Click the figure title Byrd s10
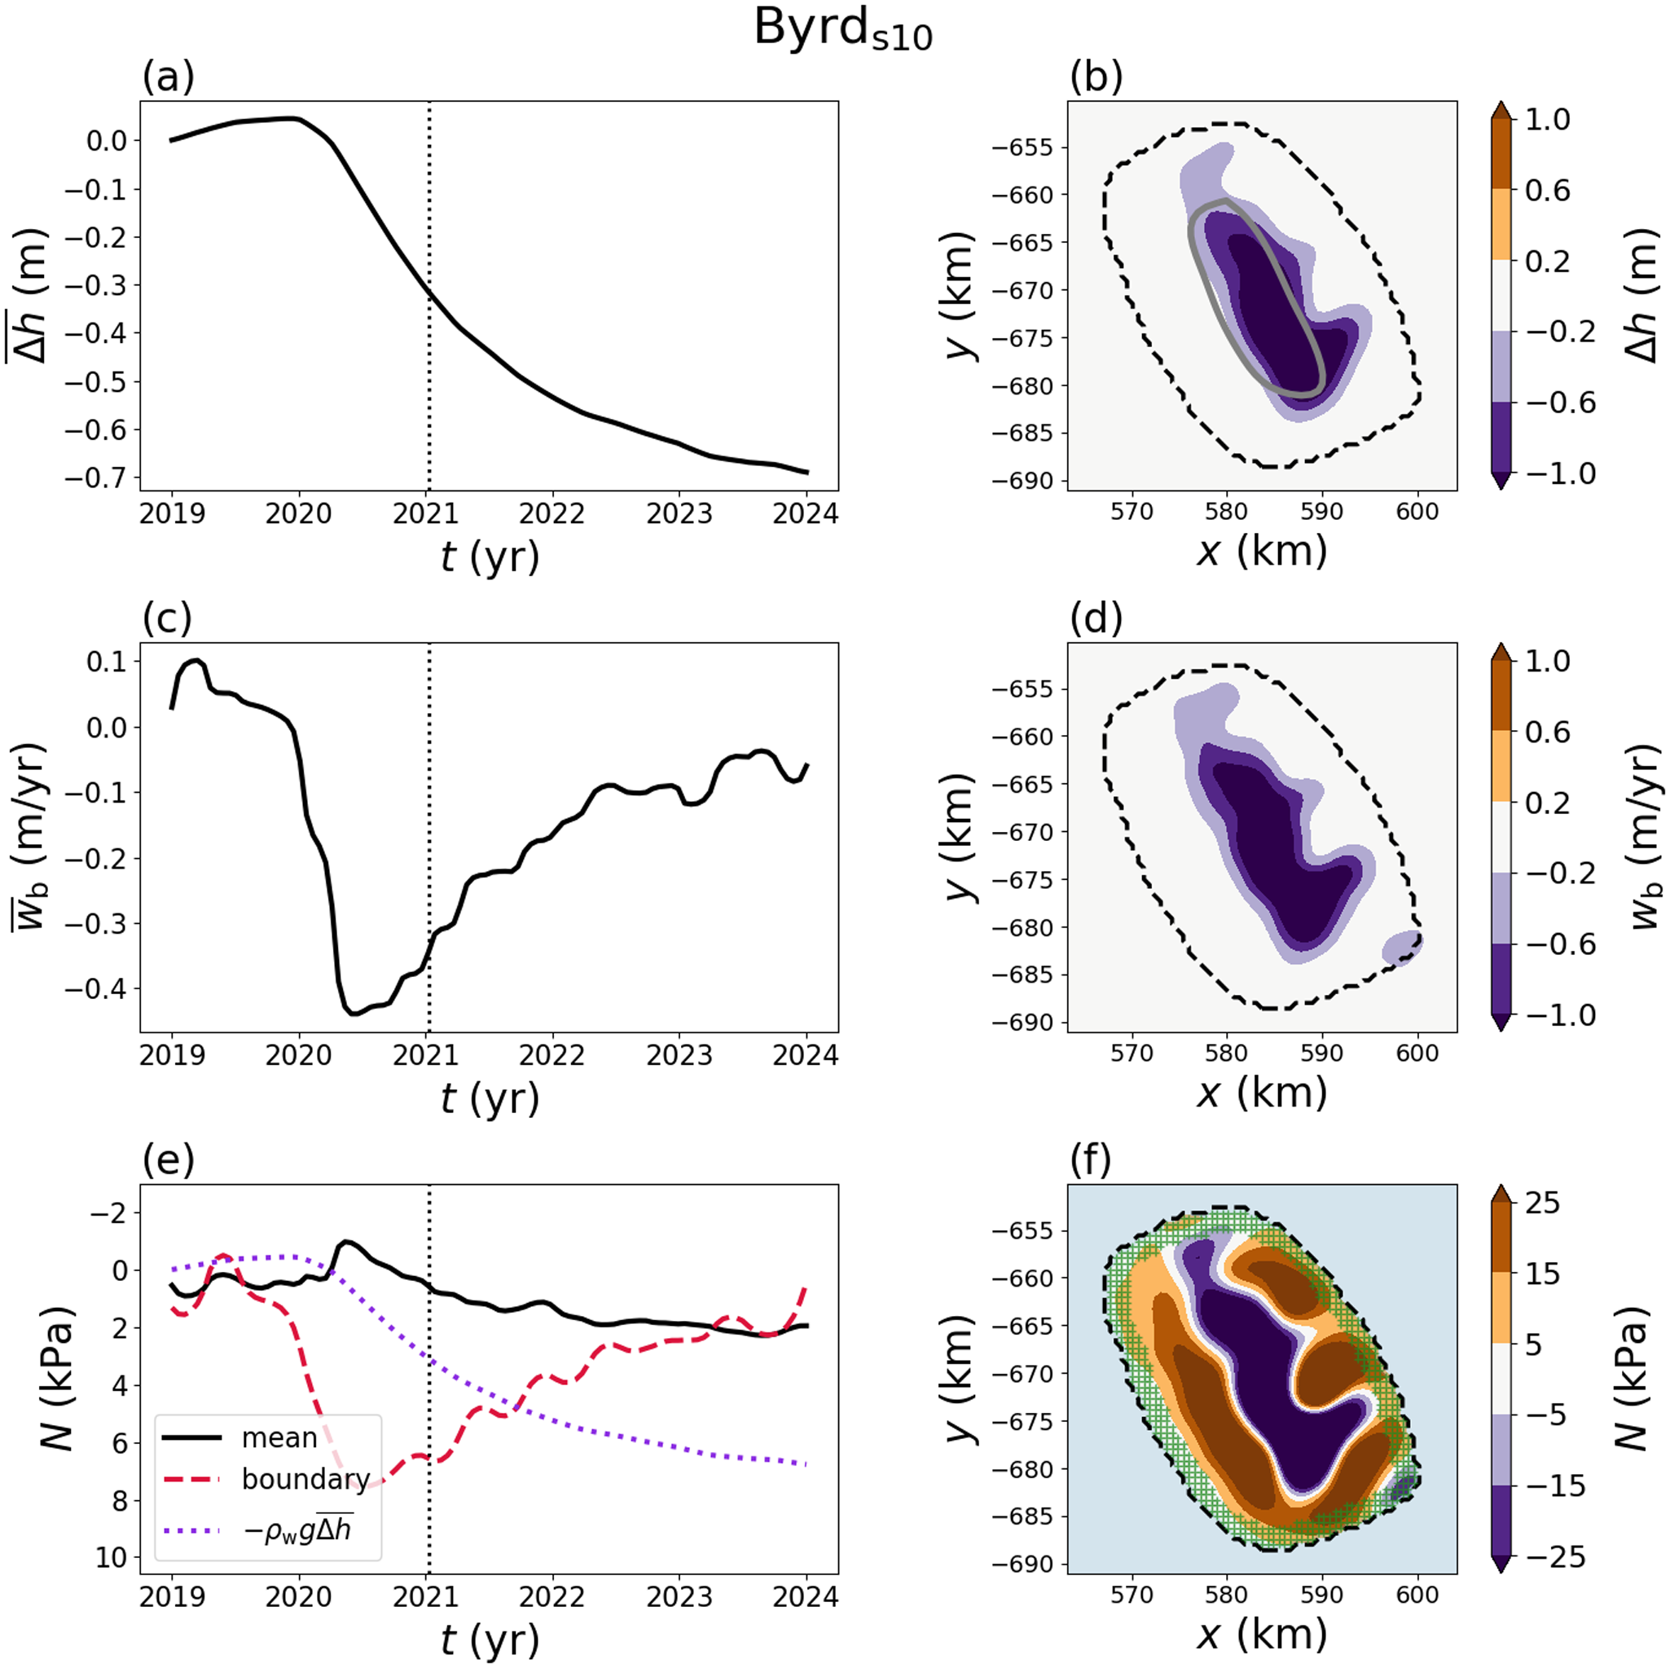843,30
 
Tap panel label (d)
1095,618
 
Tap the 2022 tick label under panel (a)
552,514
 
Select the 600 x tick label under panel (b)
1417,512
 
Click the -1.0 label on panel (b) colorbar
1560,474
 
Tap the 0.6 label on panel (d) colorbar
1547,733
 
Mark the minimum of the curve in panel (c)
354,1014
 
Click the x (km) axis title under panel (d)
1261,1094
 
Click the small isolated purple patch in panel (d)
1402,948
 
